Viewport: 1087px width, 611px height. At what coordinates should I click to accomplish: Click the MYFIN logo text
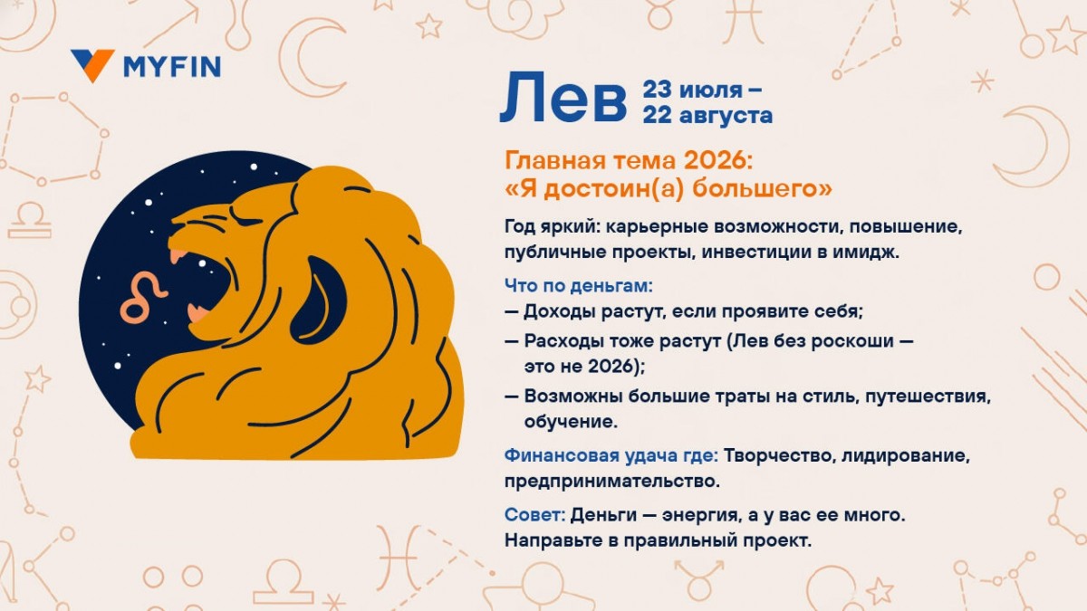tap(171, 66)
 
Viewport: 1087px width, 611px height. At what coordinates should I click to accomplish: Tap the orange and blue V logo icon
tap(92, 65)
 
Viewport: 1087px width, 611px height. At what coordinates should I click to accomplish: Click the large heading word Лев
tap(563, 99)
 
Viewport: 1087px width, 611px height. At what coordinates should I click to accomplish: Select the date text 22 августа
tap(707, 115)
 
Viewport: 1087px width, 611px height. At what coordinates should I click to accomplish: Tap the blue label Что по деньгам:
tap(578, 286)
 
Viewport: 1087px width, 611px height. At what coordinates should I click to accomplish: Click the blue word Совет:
tap(534, 515)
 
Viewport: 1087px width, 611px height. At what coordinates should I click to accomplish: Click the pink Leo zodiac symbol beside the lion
tap(144, 298)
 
